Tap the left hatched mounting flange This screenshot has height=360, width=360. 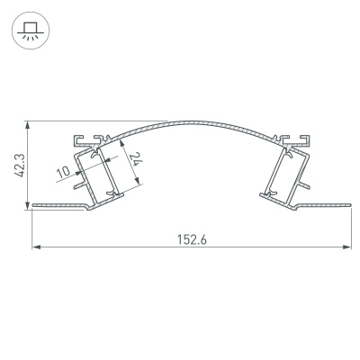(58, 207)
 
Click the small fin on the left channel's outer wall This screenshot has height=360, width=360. (77, 184)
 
